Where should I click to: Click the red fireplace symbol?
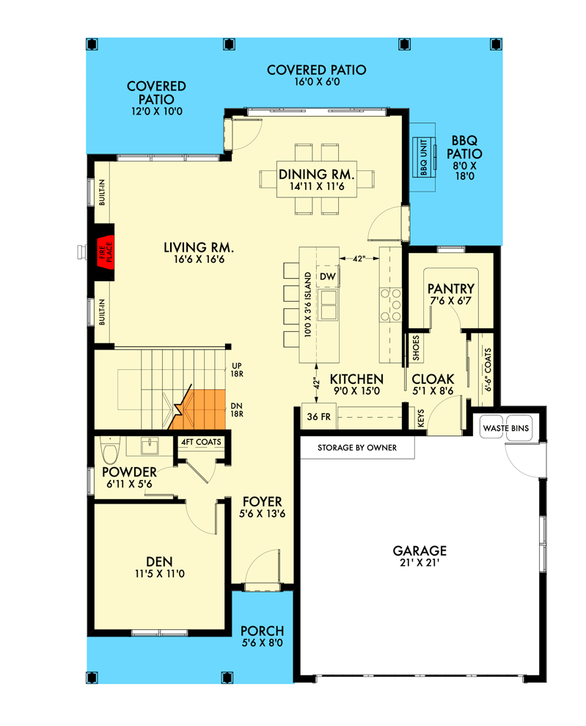106,253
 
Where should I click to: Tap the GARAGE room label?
420,551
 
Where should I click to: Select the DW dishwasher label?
327,277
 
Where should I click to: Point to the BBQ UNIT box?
424,157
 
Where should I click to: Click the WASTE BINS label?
505,428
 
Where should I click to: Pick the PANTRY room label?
451,289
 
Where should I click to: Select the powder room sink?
150,446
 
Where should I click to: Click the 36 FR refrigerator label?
318,417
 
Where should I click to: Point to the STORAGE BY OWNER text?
357,448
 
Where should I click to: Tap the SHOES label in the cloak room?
416,348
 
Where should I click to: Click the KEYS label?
421,418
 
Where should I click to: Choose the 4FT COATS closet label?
201,442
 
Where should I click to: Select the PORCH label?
263,631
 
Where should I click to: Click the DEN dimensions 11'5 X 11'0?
160,573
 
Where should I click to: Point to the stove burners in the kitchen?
390,305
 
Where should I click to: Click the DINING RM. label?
316,175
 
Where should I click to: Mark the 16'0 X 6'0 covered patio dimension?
317,82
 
